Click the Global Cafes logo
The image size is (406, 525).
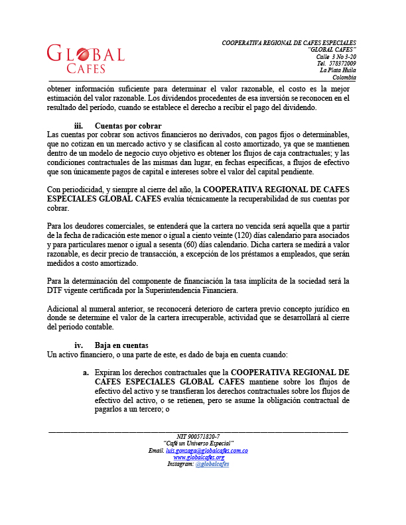tap(86, 59)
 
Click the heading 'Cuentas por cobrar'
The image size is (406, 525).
tap(129, 126)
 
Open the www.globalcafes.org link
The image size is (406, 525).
tap(198, 457)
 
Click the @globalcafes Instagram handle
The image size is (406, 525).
tap(212, 464)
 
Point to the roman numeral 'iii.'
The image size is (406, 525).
tap(79, 126)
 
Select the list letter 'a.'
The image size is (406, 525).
tap(86, 373)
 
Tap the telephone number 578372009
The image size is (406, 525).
tap(341, 63)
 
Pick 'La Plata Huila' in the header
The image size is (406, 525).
tap(338, 70)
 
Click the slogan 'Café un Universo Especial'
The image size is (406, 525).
tap(198, 443)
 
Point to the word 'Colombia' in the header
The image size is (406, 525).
tap(344, 77)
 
